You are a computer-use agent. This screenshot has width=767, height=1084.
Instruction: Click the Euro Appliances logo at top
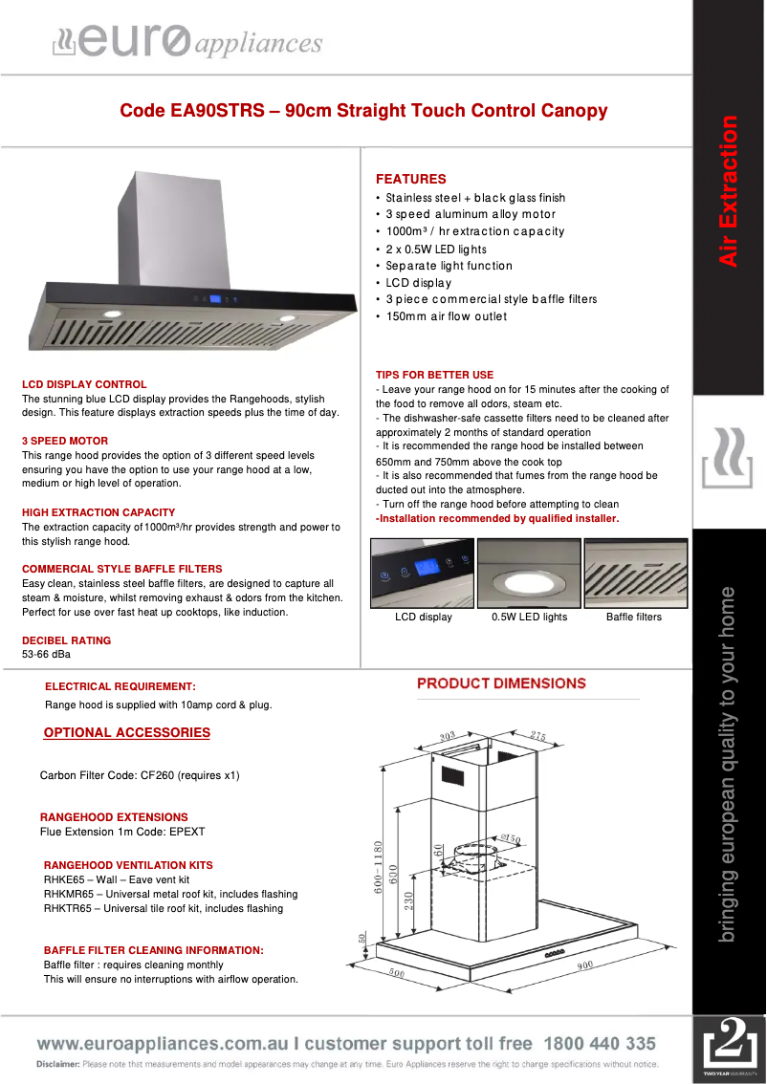[x=186, y=42]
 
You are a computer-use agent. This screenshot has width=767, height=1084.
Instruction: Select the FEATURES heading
[x=410, y=179]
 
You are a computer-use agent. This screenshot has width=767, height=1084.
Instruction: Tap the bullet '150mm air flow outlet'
[x=446, y=316]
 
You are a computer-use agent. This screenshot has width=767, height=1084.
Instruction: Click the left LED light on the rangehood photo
[x=114, y=314]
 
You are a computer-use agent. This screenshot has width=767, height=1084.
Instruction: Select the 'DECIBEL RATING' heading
[x=66, y=640]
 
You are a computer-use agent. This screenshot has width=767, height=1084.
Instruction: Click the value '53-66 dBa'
[x=46, y=655]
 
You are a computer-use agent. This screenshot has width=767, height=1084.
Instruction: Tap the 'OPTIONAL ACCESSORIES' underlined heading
[x=126, y=733]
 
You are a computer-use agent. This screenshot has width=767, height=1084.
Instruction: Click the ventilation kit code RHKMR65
[x=68, y=894]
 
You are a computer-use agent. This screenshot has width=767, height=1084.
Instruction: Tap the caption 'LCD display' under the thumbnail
[x=423, y=618]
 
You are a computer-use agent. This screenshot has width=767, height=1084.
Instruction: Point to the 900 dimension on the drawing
[x=585, y=965]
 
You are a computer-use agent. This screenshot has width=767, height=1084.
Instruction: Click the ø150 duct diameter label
[x=510, y=839]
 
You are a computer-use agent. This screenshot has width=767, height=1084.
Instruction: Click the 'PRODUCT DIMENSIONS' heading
[x=501, y=683]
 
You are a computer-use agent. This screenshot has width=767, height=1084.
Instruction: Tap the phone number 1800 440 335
[x=600, y=1044]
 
